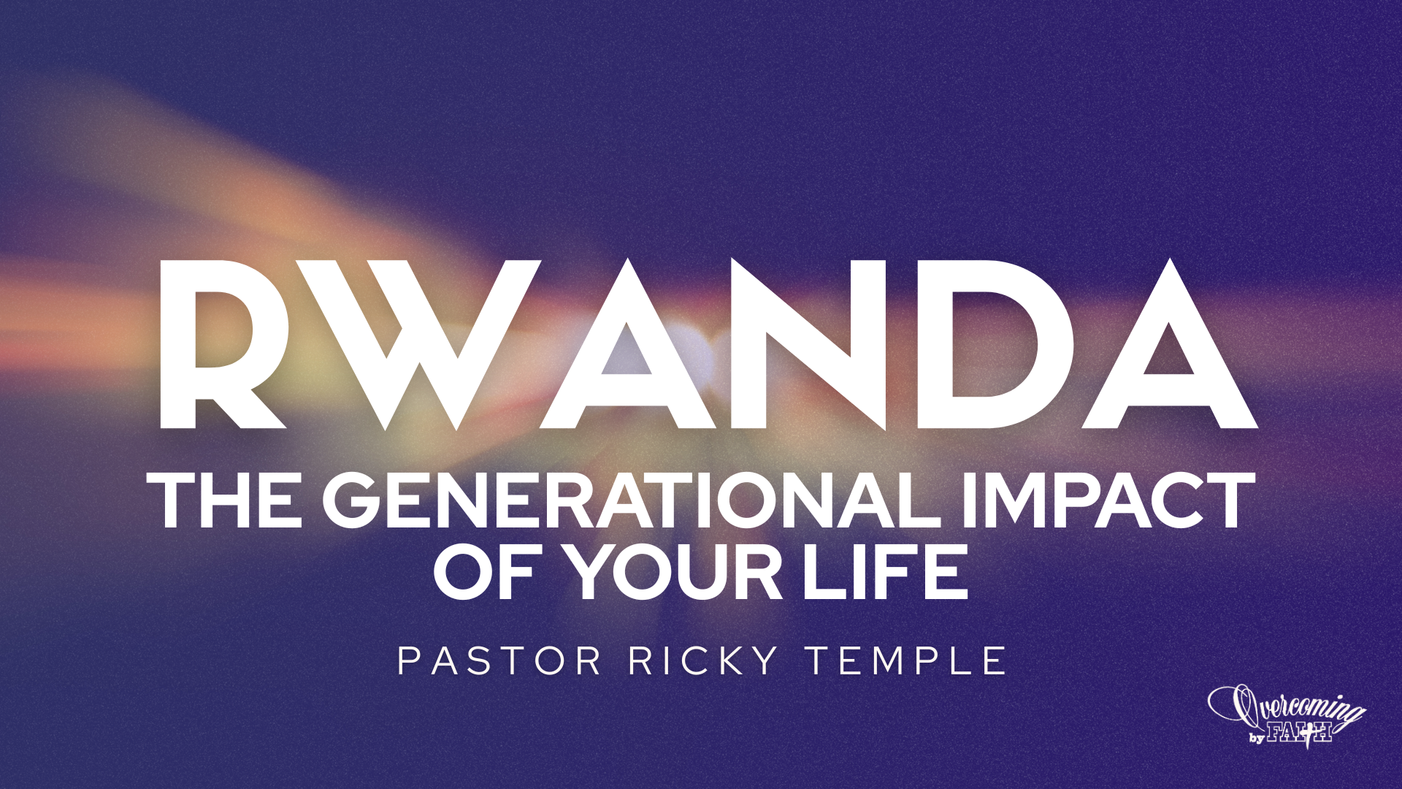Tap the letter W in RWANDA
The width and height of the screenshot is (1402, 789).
[431, 343]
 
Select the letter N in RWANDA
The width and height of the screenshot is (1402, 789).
[811, 343]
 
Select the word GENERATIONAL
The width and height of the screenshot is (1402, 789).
[632, 500]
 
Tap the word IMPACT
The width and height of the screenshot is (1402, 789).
[1107, 500]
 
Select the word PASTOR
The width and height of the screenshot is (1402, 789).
[499, 661]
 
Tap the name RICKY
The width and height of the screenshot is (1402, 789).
[704, 661]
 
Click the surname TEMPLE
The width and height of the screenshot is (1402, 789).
[906, 661]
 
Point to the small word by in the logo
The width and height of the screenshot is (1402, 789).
[1257, 738]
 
